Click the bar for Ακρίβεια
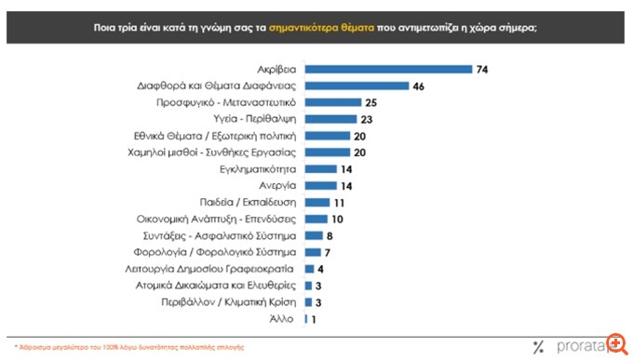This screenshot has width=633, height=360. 388,69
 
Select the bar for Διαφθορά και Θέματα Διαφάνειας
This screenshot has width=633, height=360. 357,86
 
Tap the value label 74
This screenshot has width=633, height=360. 481,69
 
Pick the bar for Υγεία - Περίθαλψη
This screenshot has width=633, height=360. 331,119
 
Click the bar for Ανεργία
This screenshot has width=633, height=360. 320,186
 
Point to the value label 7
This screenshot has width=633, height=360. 329,252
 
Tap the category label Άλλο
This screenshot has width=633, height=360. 284,319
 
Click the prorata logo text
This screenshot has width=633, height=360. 582,346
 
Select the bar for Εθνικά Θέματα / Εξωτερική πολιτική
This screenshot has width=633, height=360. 328,136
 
